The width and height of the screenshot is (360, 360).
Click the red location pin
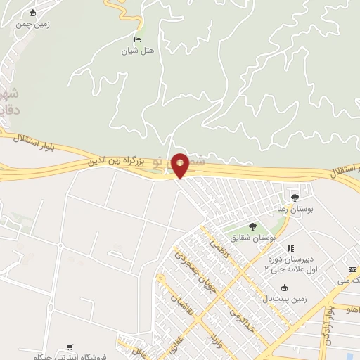point(180,165)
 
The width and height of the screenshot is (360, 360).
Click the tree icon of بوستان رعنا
point(294,197)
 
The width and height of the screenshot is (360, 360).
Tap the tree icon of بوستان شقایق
point(252,226)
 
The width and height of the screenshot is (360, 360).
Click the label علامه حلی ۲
point(286,269)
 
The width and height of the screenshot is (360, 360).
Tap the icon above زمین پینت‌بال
point(284,288)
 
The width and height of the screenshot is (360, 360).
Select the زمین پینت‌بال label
point(284,299)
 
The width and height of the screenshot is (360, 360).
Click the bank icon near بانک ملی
point(352,269)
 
